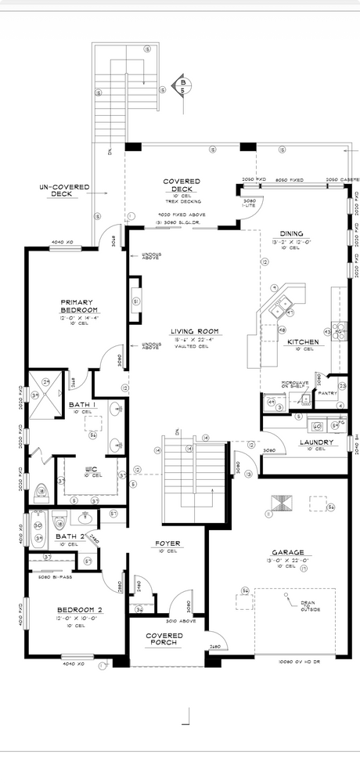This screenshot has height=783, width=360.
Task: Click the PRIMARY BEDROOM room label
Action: coord(78,305)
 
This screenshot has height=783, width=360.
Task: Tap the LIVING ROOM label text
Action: coord(194,331)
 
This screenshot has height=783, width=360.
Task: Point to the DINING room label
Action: coord(294,233)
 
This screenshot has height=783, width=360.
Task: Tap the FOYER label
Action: coord(167,543)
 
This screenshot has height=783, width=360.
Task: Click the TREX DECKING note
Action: coord(181,200)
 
